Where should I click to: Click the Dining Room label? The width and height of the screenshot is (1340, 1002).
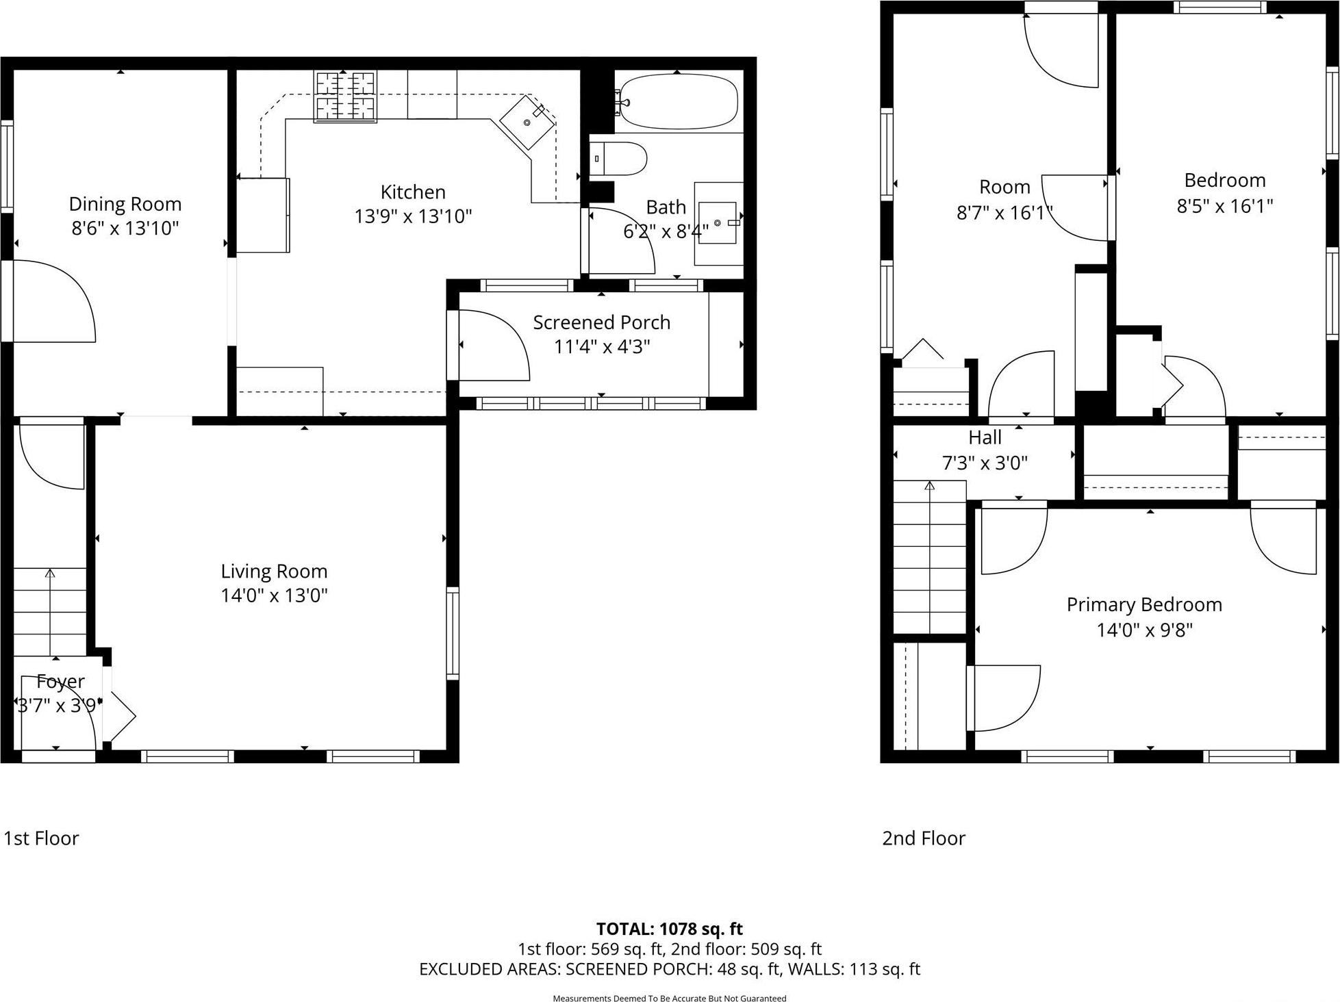point(125,204)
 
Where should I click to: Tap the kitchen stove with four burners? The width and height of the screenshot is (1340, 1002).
point(345,97)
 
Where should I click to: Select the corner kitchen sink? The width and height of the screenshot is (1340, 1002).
point(528,122)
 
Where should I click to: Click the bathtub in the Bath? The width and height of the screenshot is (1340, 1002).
point(678,102)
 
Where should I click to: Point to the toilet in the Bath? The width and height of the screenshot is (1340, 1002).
point(618,159)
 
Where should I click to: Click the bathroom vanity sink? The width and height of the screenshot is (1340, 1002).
point(718,223)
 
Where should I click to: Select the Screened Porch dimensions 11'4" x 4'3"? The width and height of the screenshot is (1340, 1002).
point(601,346)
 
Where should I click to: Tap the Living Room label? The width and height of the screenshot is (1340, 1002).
point(274,571)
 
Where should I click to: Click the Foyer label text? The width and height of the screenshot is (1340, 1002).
point(60,681)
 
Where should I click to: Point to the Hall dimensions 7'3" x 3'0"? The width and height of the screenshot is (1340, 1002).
point(985,463)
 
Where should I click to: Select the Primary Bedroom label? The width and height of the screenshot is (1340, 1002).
point(1143,604)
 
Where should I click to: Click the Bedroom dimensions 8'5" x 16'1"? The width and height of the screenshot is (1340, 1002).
point(1224,205)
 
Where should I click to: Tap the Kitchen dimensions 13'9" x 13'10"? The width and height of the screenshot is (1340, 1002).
point(413,216)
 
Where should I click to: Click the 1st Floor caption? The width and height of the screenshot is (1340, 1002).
point(41,838)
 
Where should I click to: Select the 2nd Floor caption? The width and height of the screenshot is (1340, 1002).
point(923,838)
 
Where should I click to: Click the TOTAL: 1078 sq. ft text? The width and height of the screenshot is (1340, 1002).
point(669,929)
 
